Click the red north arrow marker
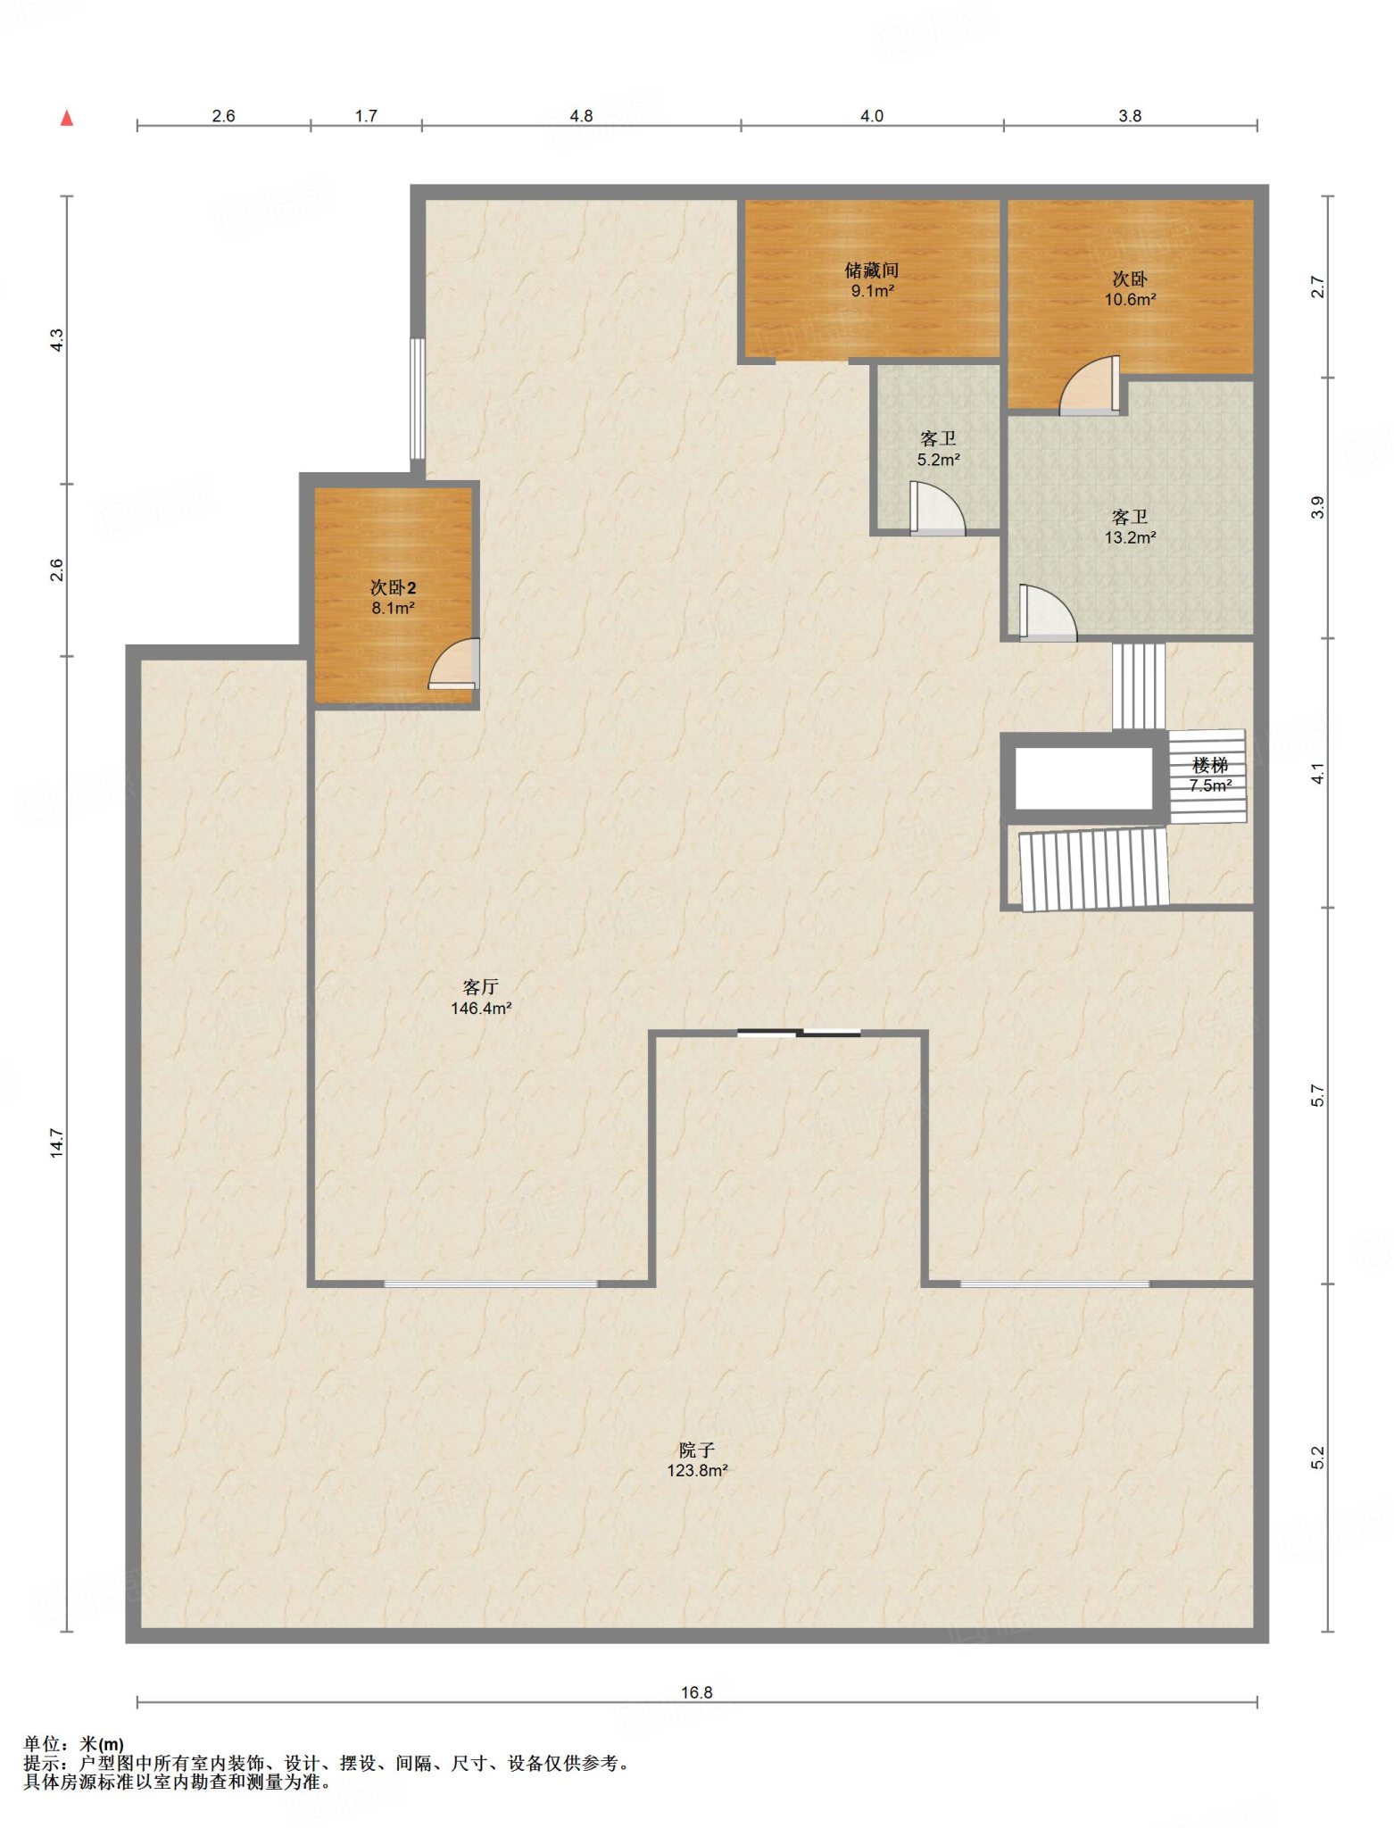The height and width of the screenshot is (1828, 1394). click(67, 118)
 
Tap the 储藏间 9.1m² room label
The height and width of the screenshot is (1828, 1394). click(872, 280)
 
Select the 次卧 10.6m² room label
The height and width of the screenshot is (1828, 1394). click(1130, 289)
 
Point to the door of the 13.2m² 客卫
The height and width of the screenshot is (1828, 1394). click(1047, 613)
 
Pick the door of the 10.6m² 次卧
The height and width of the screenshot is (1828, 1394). click(1090, 386)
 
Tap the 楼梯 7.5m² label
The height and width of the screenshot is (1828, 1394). click(1210, 776)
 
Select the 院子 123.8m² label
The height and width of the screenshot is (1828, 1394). click(697, 1460)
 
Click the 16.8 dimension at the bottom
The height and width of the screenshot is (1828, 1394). click(697, 1692)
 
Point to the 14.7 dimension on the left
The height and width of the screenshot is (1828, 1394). click(57, 1143)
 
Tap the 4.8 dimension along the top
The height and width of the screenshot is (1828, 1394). click(581, 116)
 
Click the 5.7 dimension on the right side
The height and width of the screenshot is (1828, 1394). click(1318, 1096)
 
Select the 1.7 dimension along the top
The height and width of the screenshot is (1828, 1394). click(366, 116)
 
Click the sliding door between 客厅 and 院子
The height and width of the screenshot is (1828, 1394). click(799, 1034)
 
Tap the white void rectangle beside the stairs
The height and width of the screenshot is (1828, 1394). click(1083, 778)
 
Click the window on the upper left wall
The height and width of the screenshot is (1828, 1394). click(417, 398)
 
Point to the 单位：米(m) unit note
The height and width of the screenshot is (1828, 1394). click(74, 1744)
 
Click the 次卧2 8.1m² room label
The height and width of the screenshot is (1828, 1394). click(394, 598)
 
